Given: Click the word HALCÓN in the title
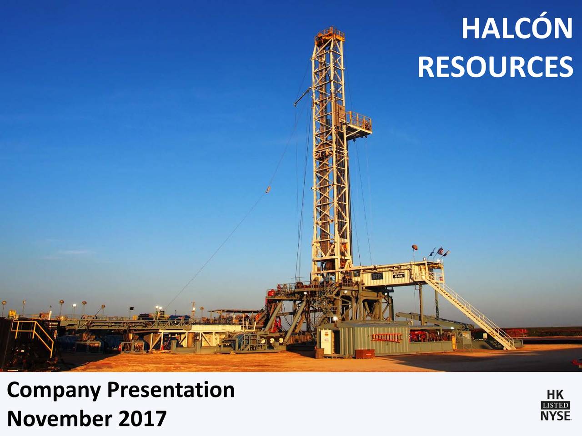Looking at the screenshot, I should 517,29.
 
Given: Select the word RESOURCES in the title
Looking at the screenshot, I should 495,67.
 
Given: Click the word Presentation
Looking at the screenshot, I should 171,390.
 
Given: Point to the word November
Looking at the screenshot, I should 60,418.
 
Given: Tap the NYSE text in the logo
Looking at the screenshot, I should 555,416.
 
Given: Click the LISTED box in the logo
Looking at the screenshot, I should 555,405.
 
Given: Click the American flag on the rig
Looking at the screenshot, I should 440,250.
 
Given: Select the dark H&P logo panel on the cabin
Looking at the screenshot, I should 377,276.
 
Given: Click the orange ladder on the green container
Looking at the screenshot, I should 387,337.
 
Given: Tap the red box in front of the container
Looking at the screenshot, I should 365,353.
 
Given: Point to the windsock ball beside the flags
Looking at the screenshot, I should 415,247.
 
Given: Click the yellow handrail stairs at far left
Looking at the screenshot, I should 34,334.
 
